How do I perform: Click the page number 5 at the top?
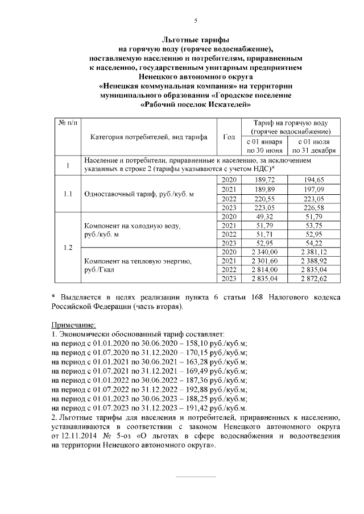(x=196, y=20)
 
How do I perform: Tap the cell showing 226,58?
(x=315, y=207)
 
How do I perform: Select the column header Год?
(x=229, y=137)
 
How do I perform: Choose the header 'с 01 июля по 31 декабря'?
(x=315, y=146)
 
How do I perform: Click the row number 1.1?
(x=68, y=194)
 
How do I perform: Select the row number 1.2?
(x=68, y=247)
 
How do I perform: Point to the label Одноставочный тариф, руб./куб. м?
(x=139, y=194)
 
